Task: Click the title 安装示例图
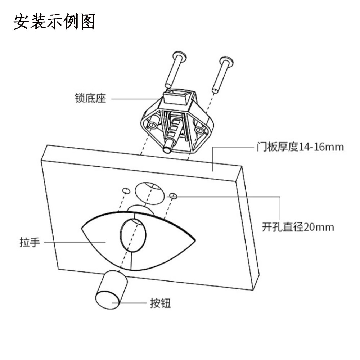54,22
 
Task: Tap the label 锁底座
91,98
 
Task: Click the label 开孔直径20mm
298,227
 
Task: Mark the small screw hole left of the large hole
126,190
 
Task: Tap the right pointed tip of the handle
195,239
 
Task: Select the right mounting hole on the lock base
199,129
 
